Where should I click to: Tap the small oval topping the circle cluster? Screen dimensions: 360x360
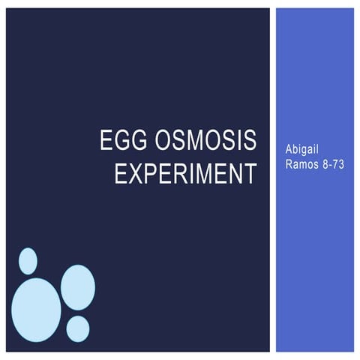pyautogui.click(x=28, y=261)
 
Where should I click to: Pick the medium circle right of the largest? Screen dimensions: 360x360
pyautogui.click(x=77, y=287)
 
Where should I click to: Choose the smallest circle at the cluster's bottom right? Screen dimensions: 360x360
pyautogui.click(x=77, y=328)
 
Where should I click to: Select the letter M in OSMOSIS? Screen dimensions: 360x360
pyautogui.click(x=193, y=141)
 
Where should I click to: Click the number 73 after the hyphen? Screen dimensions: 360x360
pyautogui.click(x=337, y=164)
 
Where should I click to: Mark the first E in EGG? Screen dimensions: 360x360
pyautogui.click(x=106, y=141)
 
